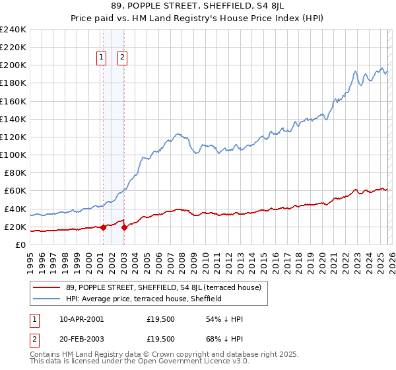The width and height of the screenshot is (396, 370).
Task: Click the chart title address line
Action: tap(197, 8)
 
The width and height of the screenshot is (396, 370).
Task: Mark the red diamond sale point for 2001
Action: tap(103, 227)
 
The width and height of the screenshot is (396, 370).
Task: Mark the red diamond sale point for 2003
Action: tap(124, 227)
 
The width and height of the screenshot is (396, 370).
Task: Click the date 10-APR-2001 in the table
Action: tap(81, 319)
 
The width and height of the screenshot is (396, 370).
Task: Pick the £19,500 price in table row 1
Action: tap(160, 319)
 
